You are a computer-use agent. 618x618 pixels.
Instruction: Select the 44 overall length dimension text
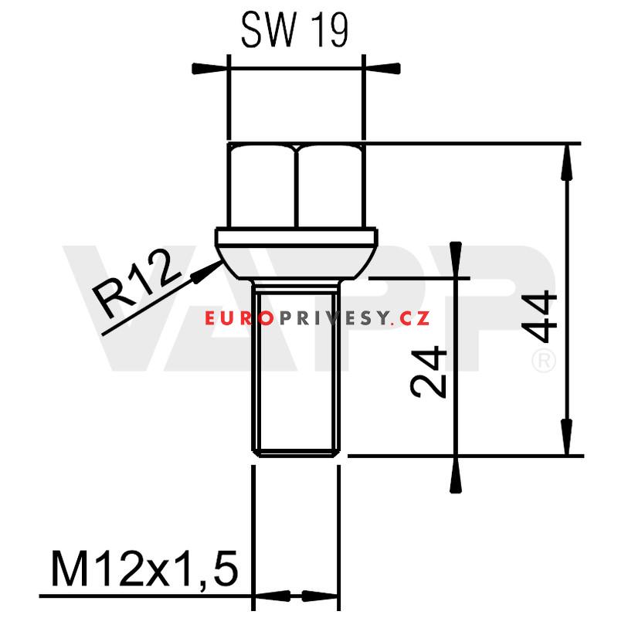539,317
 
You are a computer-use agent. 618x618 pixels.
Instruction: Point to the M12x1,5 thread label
142,570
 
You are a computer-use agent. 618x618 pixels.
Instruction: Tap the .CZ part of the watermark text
415,317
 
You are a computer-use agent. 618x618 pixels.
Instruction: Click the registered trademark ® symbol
543,360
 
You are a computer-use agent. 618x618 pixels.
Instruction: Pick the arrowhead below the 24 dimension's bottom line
456,474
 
